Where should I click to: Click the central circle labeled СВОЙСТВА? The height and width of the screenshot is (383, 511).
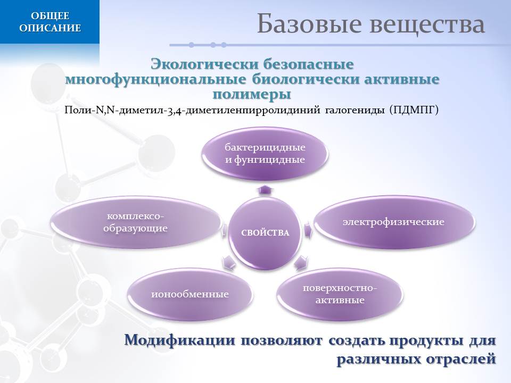pos(265,233)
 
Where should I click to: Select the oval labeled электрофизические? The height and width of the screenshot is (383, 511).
pos(393,222)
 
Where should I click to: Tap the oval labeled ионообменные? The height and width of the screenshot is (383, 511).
pos(190,294)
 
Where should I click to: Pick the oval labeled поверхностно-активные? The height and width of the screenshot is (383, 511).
pos(340,294)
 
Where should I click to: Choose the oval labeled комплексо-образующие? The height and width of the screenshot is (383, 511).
pos(136,222)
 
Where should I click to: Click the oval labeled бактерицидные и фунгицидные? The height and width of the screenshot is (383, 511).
pos(265,153)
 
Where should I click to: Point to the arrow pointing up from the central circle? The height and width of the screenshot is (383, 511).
pos(265,190)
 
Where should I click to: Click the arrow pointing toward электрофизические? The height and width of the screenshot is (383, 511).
pos(308,229)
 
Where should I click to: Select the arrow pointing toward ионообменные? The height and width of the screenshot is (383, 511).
pos(228,262)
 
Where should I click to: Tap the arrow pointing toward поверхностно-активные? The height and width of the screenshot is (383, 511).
pos(301,262)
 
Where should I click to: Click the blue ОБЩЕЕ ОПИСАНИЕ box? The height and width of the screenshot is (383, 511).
pos(50,22)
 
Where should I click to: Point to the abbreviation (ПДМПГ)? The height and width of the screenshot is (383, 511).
pos(414,110)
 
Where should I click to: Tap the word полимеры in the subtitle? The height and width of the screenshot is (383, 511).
pos(252,95)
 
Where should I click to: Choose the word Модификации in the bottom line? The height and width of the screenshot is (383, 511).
pos(180,340)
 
